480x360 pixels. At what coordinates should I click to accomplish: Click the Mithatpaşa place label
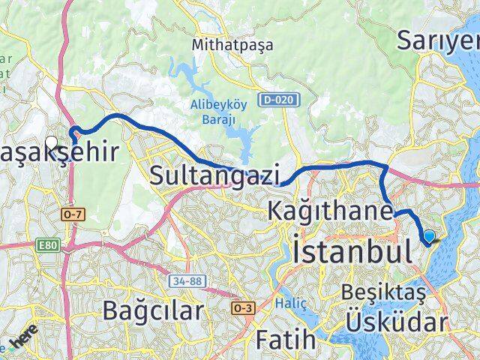pos(232,44)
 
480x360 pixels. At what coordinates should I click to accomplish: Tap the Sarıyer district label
pos(437,40)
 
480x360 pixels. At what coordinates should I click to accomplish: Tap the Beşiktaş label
pos(383,292)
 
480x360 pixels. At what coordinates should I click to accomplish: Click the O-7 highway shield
pos(72,214)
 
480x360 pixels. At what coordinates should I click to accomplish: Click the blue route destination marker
pos(429,237)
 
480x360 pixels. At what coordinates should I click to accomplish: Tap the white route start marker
pos(52,141)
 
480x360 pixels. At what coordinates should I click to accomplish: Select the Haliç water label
pos(307,301)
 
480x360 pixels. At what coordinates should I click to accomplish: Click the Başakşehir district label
pos(60,153)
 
